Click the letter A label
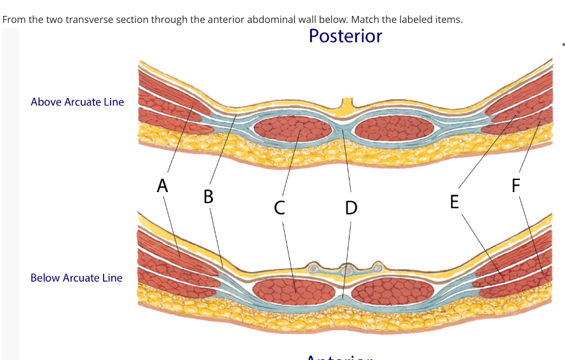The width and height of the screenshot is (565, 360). tap(163, 186)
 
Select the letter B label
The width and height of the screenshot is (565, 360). tap(208, 196)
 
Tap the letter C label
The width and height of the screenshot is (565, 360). tap(280, 207)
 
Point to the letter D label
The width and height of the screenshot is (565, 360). tap(350, 207)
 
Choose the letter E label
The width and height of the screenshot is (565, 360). tap(454, 202)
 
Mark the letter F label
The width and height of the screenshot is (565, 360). tap(515, 186)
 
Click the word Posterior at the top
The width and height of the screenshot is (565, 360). tap(345, 36)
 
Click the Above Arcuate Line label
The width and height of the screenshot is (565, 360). tap(77, 102)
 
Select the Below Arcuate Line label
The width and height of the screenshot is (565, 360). tap(76, 278)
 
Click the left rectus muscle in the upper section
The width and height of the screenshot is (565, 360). tap(292, 130)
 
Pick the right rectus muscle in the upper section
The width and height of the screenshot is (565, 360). tap(394, 130)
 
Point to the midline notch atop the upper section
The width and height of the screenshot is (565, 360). tap(346, 103)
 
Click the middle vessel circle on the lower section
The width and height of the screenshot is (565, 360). tap(346, 270)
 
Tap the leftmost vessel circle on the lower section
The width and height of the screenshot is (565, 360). tap(313, 269)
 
